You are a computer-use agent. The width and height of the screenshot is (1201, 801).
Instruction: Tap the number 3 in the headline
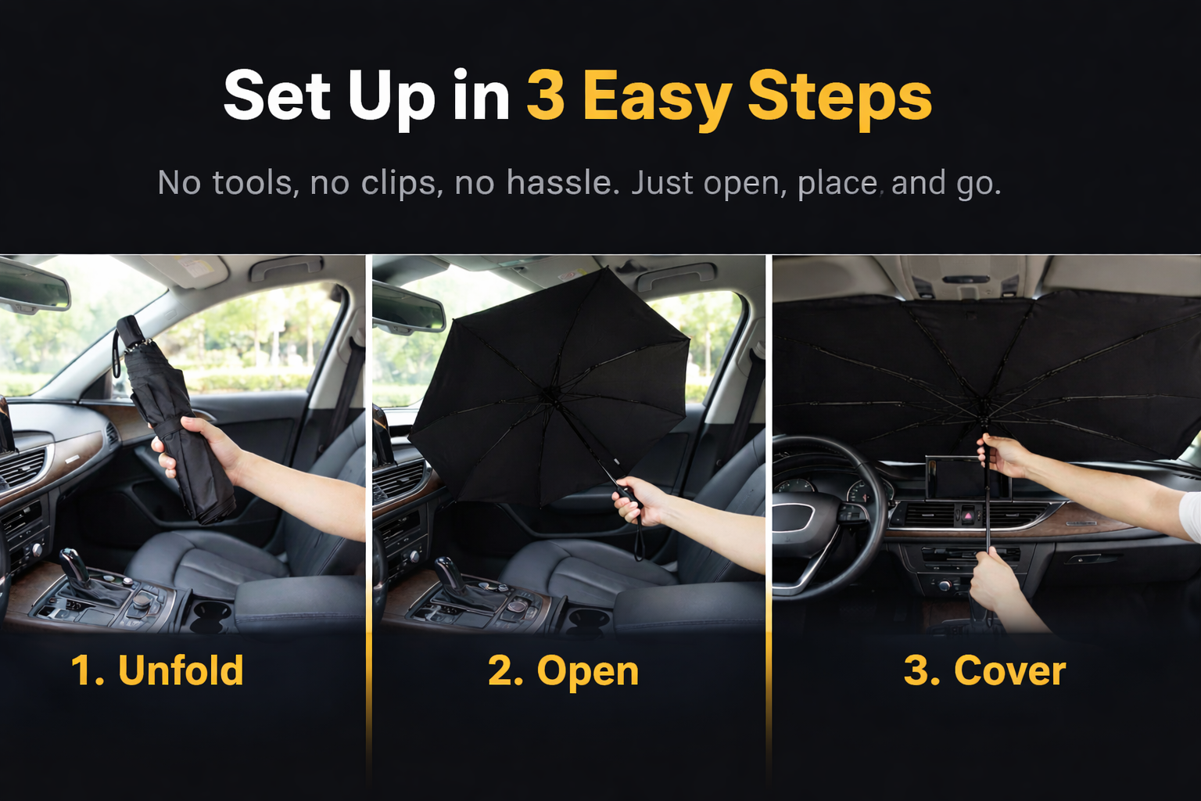coord(547,95)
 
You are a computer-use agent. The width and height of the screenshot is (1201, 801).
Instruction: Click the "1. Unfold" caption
coord(157,670)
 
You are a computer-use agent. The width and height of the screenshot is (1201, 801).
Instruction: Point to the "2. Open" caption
coord(564,672)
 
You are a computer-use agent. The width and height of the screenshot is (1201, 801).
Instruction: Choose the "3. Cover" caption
coord(985,670)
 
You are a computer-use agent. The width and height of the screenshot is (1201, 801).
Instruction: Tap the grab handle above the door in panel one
coord(288,268)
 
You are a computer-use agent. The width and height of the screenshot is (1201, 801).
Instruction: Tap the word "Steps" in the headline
coord(841,99)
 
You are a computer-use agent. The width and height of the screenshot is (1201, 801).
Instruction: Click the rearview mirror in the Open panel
coord(408,308)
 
